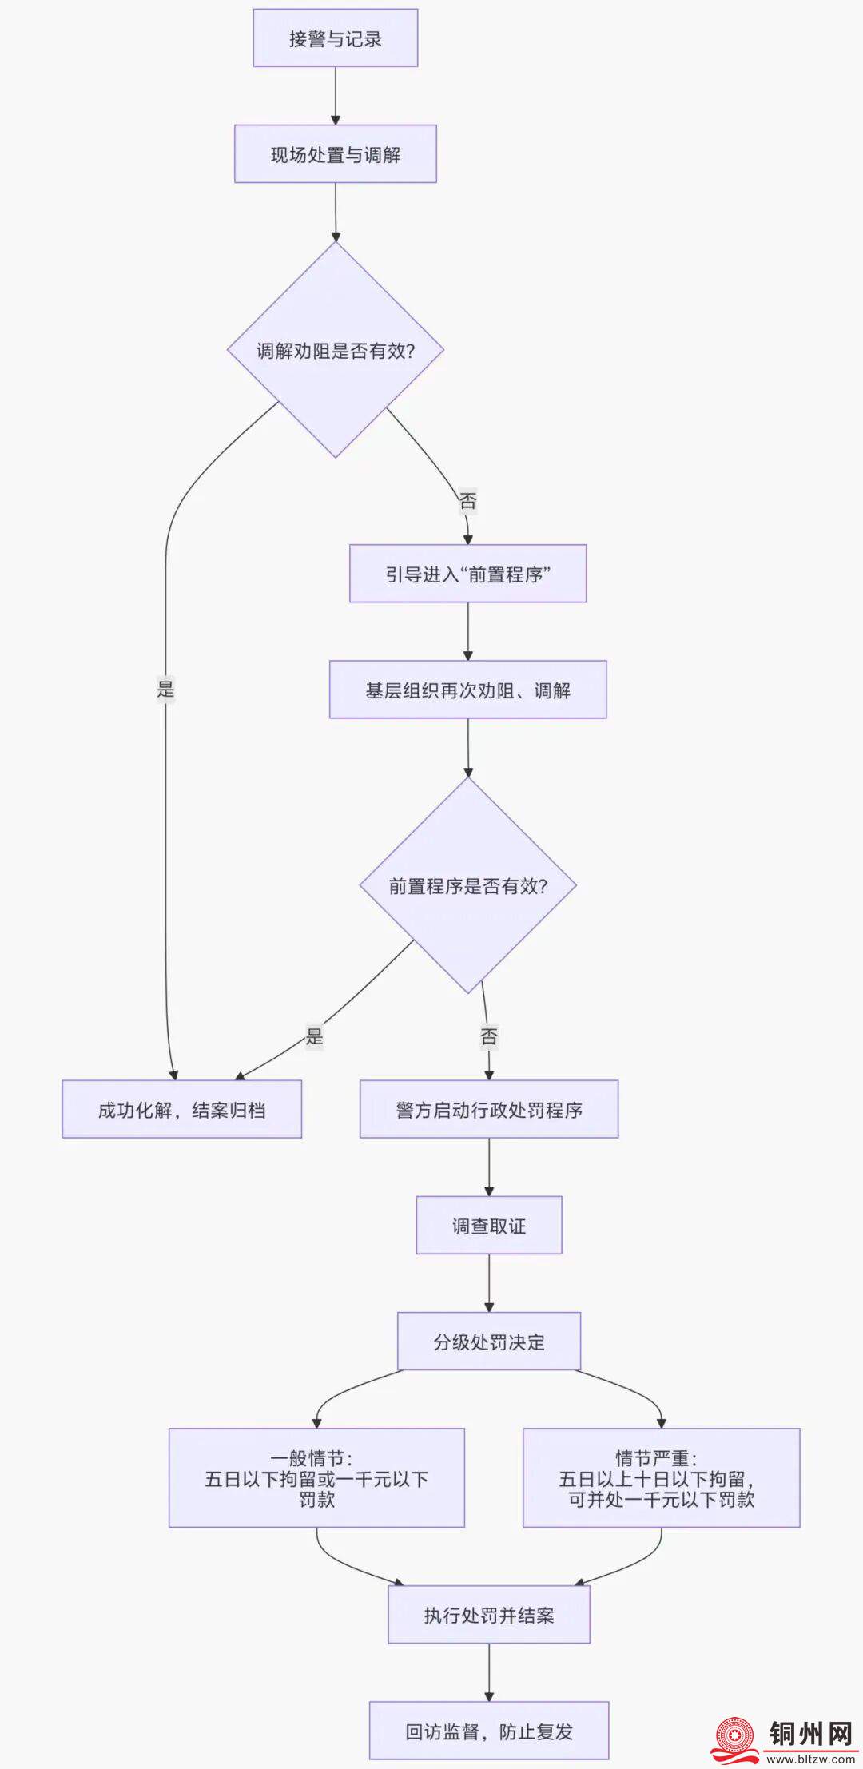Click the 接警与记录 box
(x=336, y=38)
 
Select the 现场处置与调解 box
(x=336, y=154)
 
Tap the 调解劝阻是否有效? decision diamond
(x=336, y=350)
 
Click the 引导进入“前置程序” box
(x=467, y=574)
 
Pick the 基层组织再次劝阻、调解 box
(x=467, y=690)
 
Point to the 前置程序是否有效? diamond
(x=467, y=885)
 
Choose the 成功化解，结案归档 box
(x=182, y=1109)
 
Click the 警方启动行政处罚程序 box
(x=489, y=1109)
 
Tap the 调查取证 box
(x=489, y=1225)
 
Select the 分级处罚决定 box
(x=489, y=1341)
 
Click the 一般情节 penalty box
(x=316, y=1478)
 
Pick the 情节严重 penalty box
(x=661, y=1478)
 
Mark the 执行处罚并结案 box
(x=489, y=1615)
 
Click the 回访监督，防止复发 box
(x=489, y=1731)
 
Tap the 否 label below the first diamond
(x=467, y=501)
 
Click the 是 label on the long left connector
(x=165, y=689)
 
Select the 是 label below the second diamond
(x=315, y=1036)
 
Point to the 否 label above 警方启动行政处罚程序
(x=489, y=1036)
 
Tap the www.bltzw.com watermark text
(x=810, y=1759)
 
